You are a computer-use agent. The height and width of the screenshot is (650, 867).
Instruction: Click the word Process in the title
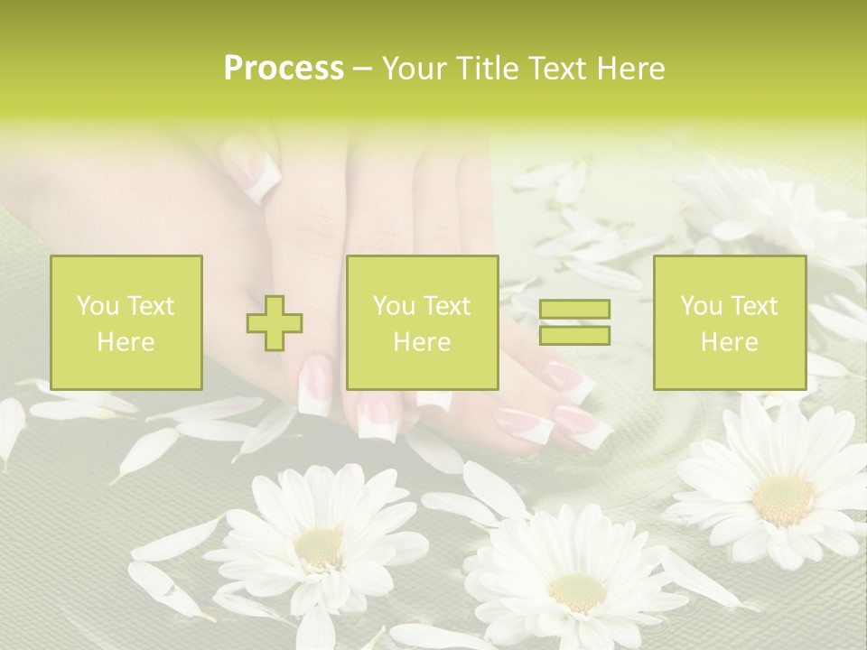tap(284, 69)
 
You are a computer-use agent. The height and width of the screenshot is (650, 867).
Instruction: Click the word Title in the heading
tap(485, 69)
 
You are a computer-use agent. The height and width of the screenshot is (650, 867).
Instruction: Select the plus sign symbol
tap(275, 323)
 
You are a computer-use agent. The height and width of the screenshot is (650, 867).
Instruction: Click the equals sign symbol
tap(574, 322)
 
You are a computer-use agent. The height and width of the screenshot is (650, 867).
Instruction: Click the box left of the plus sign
tap(126, 322)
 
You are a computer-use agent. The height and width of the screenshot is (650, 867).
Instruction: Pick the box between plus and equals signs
tap(422, 322)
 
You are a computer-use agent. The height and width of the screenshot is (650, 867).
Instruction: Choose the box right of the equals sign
tap(729, 322)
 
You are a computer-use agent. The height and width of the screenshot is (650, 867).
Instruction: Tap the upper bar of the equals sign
tap(574, 310)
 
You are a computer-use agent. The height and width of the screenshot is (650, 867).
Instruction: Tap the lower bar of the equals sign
tap(574, 335)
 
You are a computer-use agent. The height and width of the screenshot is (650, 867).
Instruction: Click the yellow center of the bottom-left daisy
tap(319, 547)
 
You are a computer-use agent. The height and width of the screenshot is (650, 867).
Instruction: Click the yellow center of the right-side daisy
tap(783, 499)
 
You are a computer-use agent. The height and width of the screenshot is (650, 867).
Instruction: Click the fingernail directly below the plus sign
tap(315, 386)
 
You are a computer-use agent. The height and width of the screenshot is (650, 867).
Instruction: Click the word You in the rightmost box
tap(701, 306)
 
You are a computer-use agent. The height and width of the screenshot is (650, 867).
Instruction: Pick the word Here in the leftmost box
tap(126, 342)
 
